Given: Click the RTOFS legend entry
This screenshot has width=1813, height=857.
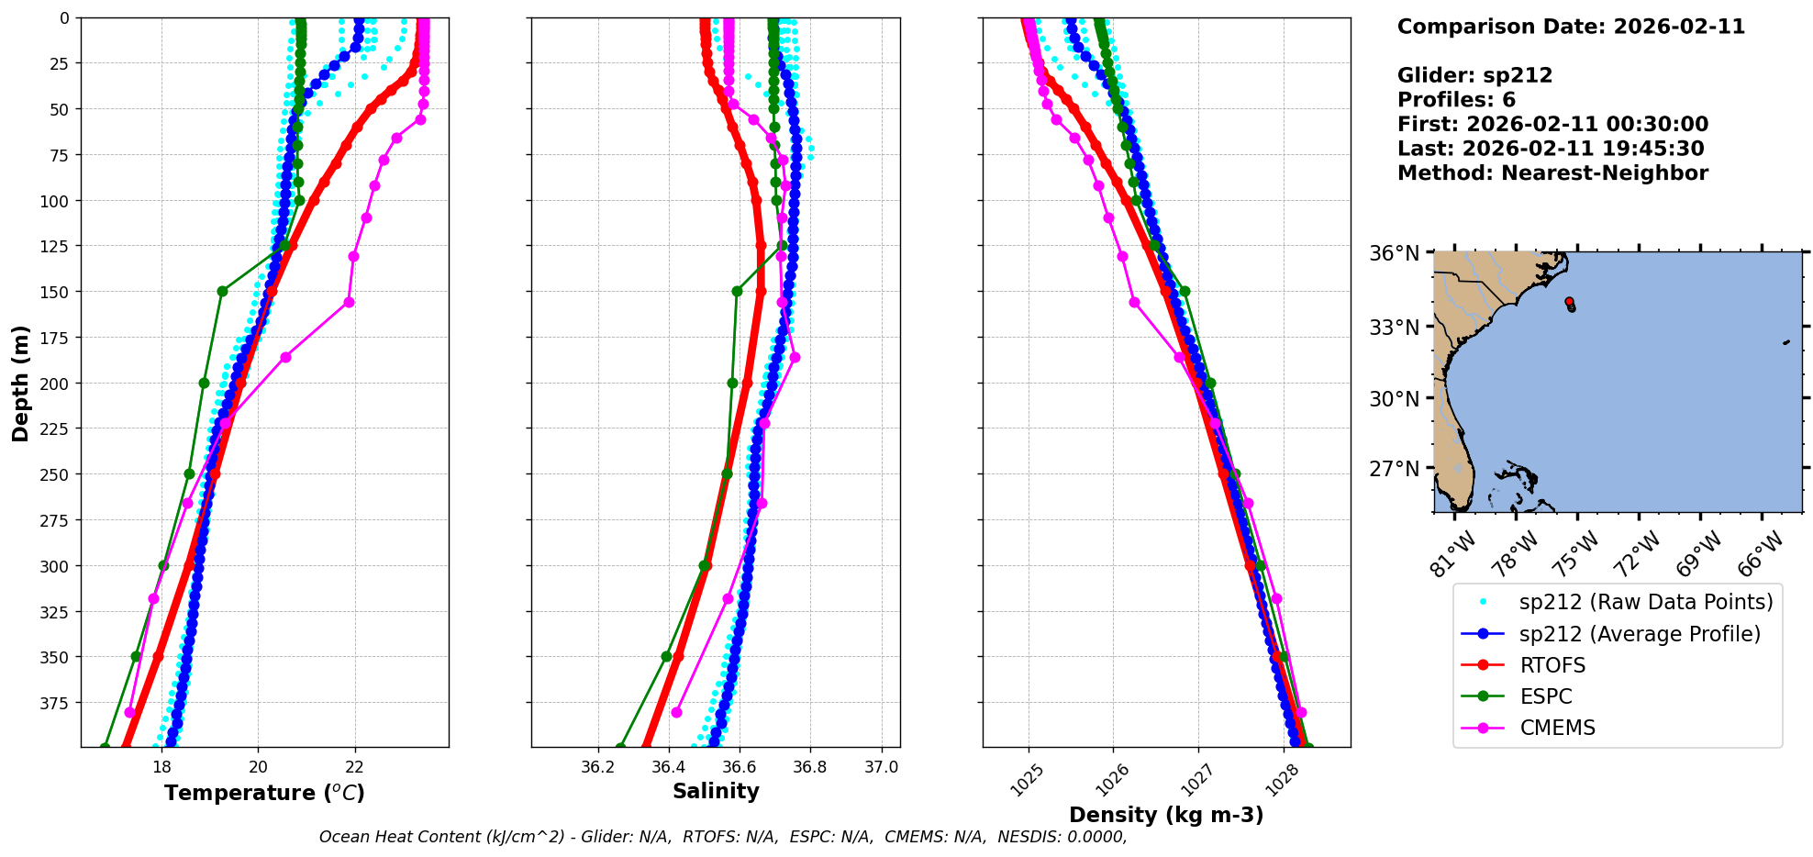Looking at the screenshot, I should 1552,665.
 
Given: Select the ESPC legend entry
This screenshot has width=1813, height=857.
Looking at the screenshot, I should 1545,696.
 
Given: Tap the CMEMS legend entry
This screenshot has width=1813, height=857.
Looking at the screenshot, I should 1557,728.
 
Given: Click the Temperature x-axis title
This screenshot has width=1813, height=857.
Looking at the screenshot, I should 264,793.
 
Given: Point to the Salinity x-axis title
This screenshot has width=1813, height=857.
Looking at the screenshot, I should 716,791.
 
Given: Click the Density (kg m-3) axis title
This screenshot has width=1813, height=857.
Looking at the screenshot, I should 1166,815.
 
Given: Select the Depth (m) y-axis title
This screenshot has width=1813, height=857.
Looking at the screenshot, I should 20,383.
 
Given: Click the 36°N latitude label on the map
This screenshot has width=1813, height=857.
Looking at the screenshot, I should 1394,253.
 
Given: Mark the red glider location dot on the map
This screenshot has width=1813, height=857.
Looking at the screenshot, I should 1569,301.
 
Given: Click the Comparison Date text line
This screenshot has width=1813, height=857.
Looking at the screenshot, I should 1571,27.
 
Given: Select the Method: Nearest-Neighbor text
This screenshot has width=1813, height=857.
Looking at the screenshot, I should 1552,173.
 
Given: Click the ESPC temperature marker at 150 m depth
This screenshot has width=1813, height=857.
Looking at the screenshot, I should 222,291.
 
